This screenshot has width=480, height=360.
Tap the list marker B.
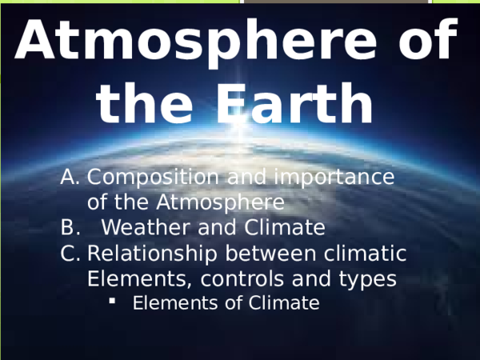tap(69, 228)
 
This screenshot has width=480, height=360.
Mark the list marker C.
tap(70, 254)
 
